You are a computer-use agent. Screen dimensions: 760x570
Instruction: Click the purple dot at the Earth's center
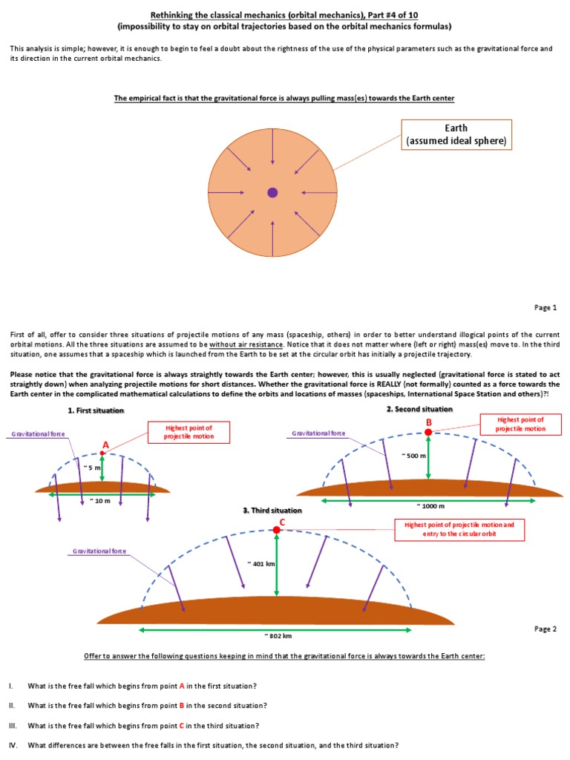[x=272, y=192]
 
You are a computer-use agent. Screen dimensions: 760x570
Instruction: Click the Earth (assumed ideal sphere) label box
[x=456, y=134]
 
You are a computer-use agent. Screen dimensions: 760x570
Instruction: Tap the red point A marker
[x=102, y=453]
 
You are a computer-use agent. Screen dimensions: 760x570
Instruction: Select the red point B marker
[x=428, y=431]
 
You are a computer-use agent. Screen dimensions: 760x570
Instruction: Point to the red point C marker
[x=276, y=530]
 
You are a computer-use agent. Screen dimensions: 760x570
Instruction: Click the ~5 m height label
[x=93, y=468]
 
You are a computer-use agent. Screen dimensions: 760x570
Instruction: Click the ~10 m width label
[x=99, y=501]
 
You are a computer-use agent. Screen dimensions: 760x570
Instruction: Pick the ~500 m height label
[x=416, y=455]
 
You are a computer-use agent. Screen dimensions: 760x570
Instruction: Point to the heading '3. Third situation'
[x=273, y=511]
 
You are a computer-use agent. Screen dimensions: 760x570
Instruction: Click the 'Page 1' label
[x=545, y=307]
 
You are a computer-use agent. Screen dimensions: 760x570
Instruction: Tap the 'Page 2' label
[x=545, y=629]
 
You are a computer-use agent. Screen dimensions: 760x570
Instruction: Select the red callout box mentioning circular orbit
[x=460, y=529]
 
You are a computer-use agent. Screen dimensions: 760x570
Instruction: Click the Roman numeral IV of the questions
[x=13, y=745]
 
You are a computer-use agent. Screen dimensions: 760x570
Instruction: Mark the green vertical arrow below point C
[x=276, y=564]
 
